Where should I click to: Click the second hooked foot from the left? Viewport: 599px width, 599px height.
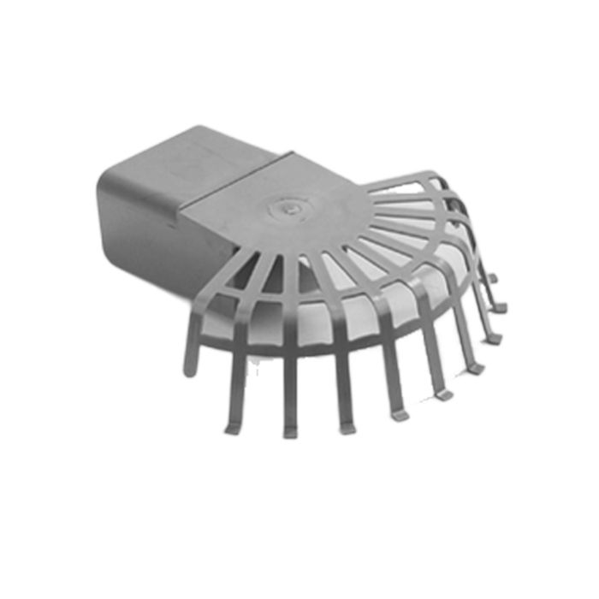(289, 431)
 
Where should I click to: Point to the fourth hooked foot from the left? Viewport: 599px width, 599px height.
(399, 415)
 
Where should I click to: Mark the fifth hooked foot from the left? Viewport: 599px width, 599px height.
(442, 394)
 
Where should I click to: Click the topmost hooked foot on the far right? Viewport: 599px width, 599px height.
(494, 277)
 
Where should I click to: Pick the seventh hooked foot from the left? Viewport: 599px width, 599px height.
(494, 339)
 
